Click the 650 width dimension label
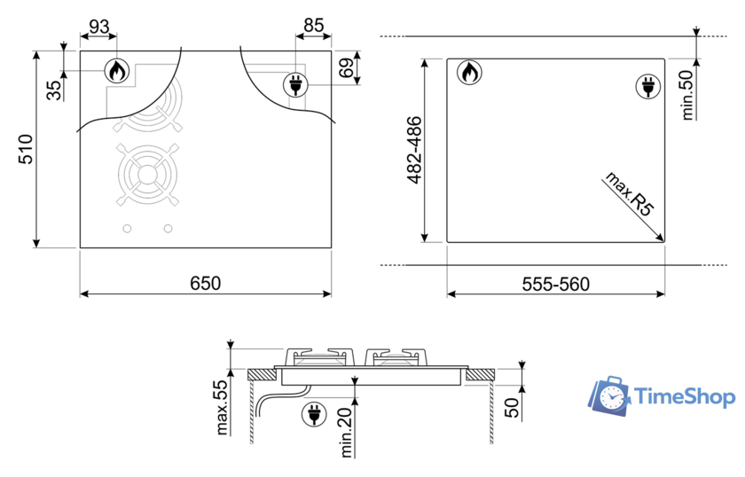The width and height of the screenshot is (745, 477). coord(205,283)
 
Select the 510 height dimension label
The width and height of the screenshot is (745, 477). coord(26,149)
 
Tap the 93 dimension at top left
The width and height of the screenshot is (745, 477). coord(98,27)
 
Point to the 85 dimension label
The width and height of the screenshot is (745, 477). coord(314,25)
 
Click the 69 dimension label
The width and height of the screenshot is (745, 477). coord(347,67)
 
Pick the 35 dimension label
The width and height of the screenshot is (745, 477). coord(54,90)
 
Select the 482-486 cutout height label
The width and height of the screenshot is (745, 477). coord(414,150)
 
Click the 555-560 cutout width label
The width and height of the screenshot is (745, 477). coord(555,284)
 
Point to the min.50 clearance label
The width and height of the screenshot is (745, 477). coord(686,95)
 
